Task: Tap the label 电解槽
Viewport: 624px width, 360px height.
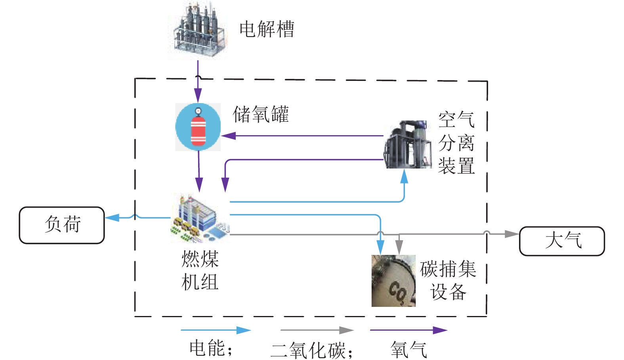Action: click(x=267, y=29)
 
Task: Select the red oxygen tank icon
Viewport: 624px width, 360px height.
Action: click(x=198, y=127)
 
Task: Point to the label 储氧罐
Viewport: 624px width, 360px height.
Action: click(x=261, y=115)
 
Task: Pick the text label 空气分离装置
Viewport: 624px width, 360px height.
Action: click(x=456, y=143)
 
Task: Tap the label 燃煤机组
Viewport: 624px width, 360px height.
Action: click(x=200, y=270)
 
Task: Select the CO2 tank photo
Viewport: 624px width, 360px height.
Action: click(x=393, y=281)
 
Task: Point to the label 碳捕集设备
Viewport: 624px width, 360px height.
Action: click(x=448, y=280)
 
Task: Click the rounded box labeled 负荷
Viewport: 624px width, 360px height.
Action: click(x=62, y=225)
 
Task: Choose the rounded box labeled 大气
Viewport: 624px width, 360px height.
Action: click(x=562, y=241)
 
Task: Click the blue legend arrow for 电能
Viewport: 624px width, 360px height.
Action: click(x=216, y=330)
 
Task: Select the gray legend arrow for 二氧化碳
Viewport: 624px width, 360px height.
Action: click(x=317, y=330)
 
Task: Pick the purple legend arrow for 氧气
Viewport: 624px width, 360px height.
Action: click(x=408, y=330)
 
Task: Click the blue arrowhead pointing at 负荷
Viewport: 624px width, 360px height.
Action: click(x=112, y=217)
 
